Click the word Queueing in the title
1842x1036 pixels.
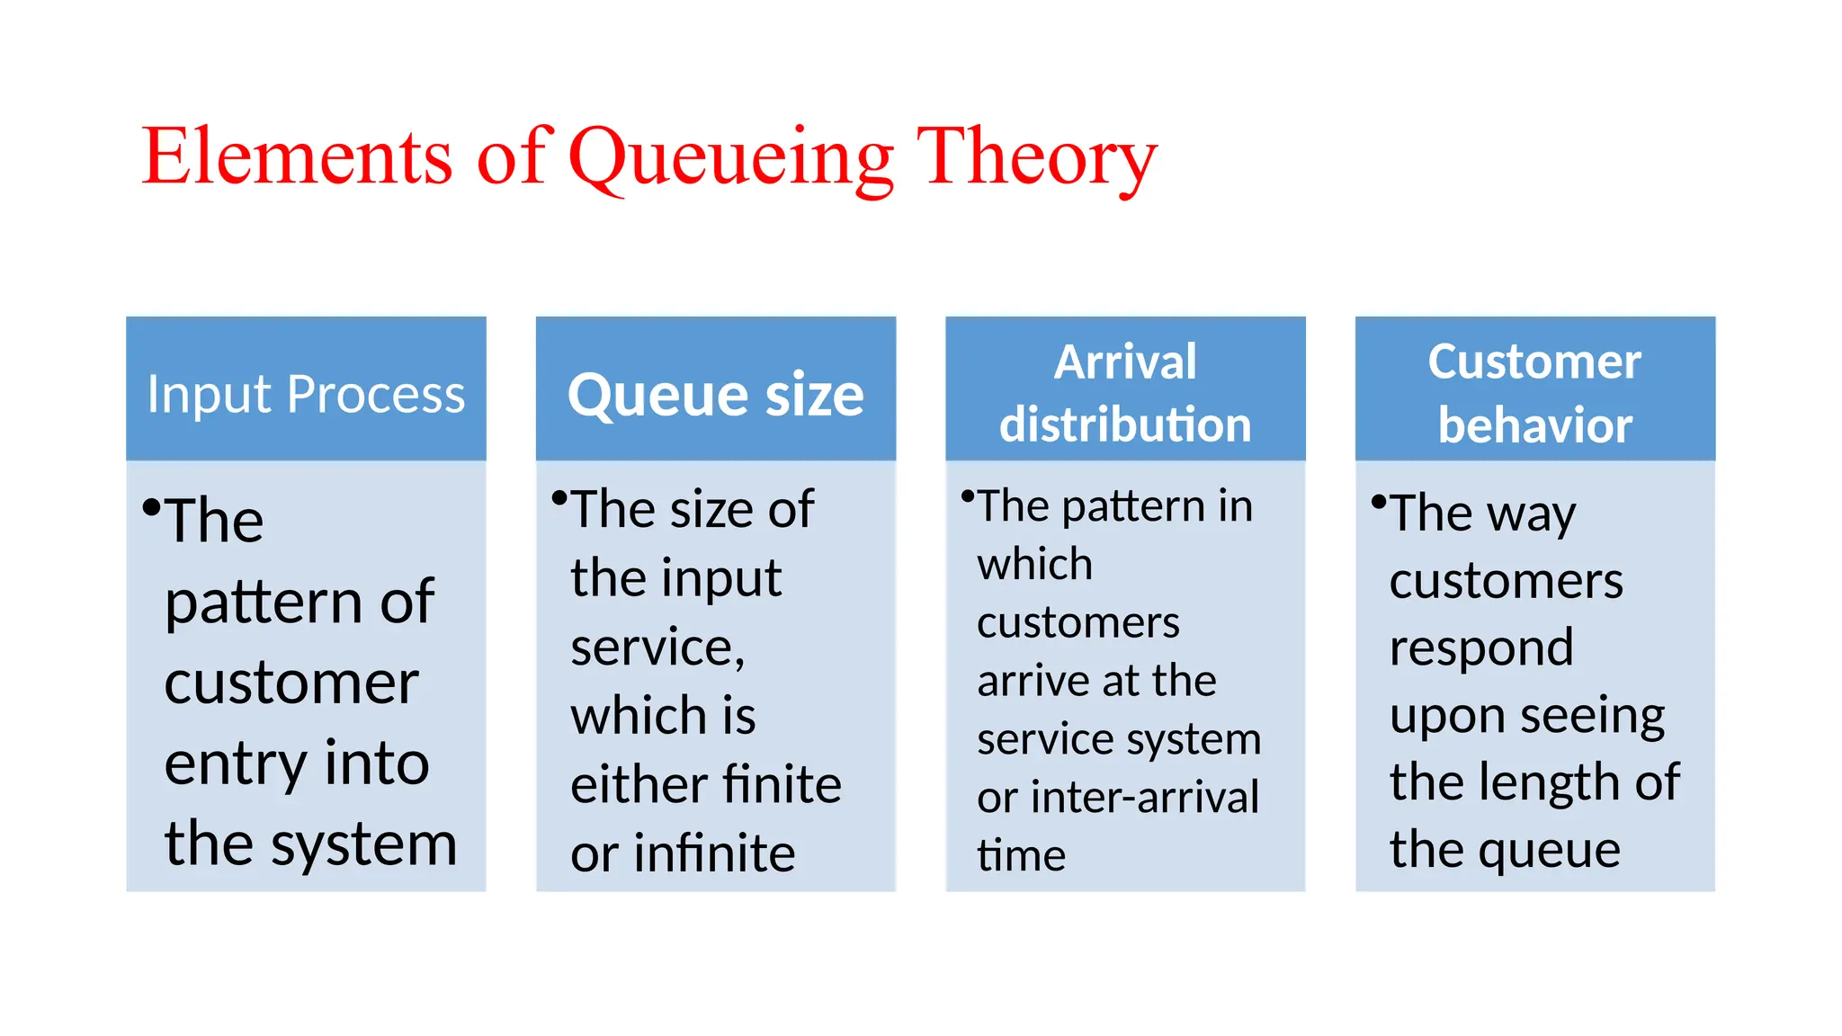pos(731,157)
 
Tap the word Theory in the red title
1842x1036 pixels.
pos(1035,157)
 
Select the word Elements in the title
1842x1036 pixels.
pos(297,157)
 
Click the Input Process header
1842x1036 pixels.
pos(306,394)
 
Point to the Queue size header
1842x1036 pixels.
pos(716,394)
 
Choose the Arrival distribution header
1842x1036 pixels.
pos(1125,393)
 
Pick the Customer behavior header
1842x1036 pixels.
pos(1534,393)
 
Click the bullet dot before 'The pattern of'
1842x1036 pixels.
pos(151,507)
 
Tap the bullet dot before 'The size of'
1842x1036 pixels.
pos(559,497)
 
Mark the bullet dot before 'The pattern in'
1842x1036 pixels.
pos(968,496)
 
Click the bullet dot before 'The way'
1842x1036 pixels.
pos(1378,502)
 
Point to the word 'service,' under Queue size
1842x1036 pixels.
pos(657,647)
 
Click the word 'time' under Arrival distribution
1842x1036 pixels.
pos(1021,855)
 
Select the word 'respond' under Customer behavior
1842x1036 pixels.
pos(1481,647)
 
